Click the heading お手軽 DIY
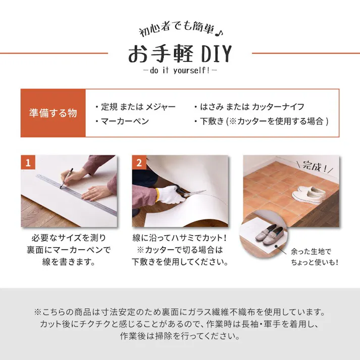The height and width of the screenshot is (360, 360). coord(179,53)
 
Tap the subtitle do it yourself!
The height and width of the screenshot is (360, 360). coord(179,71)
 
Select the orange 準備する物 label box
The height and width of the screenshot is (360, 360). coord(53,113)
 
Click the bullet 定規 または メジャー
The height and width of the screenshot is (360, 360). coord(135,107)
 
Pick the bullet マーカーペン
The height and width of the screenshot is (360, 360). coord(121,121)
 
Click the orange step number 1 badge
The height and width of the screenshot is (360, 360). coord(28,162)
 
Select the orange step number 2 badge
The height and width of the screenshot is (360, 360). coord(139,162)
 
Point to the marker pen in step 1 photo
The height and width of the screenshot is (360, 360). coord(67,178)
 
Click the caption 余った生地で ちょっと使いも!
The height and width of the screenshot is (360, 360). coord(314,256)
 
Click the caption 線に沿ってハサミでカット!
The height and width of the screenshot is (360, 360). coord(180,237)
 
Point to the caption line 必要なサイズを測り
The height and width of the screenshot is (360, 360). coord(69,237)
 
